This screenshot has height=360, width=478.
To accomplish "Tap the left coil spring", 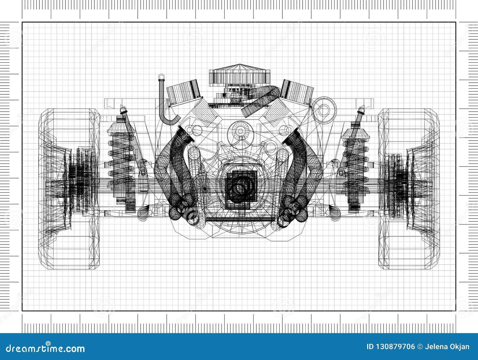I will [119, 161].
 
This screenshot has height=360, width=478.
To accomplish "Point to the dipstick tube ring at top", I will [162, 77].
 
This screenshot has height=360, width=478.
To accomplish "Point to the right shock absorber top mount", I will [361, 111].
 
